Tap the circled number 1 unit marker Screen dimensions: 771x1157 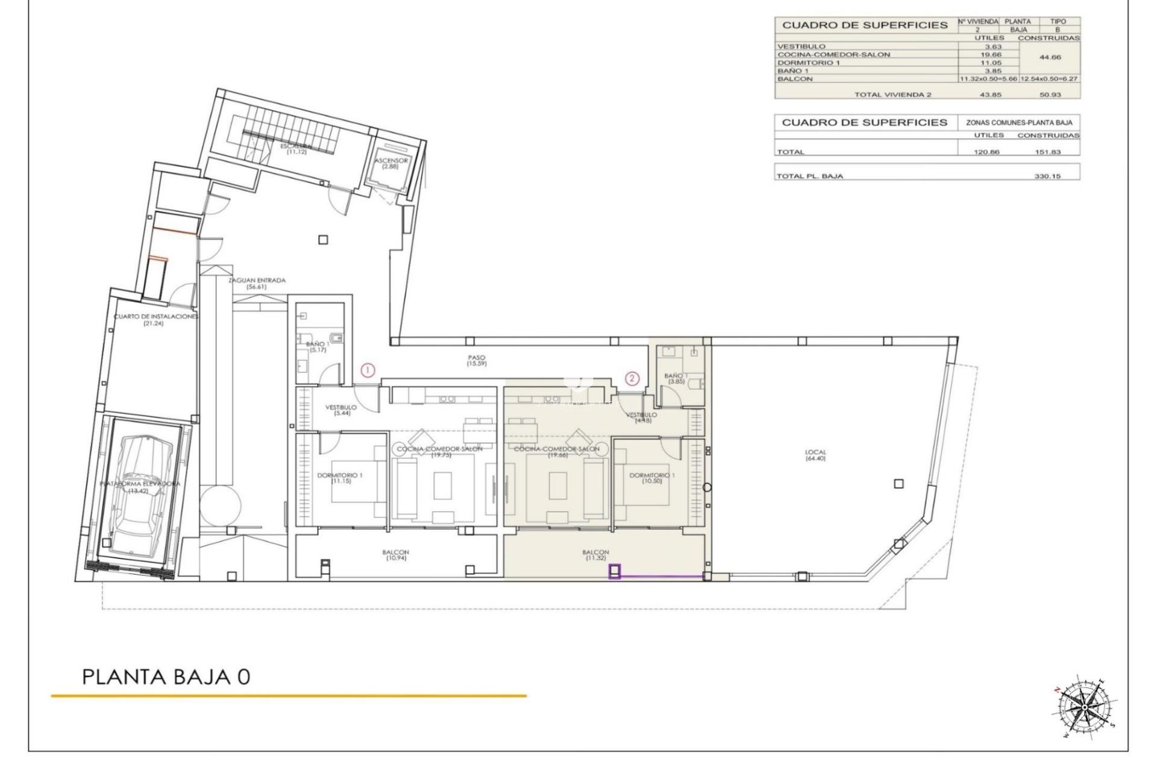tap(368, 371)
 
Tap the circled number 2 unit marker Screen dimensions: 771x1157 tap(632, 378)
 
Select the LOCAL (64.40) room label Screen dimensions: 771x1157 tap(815, 455)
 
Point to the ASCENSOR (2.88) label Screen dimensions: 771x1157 tap(391, 163)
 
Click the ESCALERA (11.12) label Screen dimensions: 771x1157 tap(296, 149)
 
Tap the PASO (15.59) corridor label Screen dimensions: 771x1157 tap(476, 361)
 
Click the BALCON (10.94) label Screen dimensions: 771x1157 tap(395, 555)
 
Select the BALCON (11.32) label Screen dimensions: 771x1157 tap(595, 555)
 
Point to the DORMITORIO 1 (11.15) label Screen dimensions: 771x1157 tap(340, 479)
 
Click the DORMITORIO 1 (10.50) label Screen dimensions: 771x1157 tap(652, 479)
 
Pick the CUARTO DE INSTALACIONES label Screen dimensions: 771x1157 tap(155, 320)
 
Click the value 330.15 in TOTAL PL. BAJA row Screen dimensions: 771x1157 tap(1047, 176)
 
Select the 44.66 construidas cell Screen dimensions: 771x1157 tap(1050, 58)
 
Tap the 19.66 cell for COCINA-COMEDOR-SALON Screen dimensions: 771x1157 tap(989, 54)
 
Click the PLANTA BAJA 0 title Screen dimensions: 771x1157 tap(166, 677)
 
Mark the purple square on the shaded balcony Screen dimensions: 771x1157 tap(615, 571)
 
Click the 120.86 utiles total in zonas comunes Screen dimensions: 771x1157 tap(986, 152)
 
